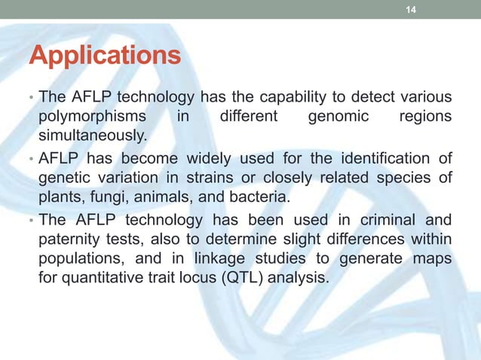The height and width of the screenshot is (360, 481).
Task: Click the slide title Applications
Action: pos(105,56)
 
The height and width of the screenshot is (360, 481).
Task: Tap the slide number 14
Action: pos(410,10)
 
